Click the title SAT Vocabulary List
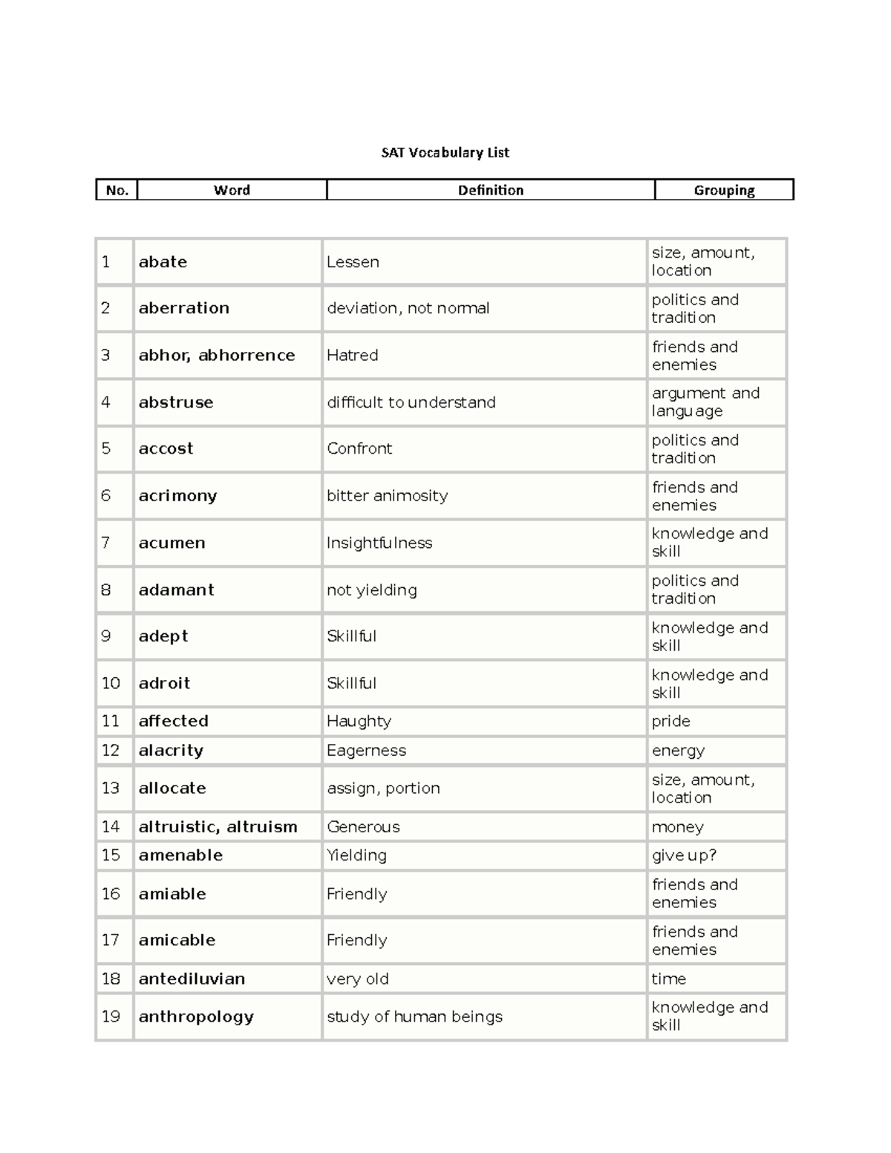tap(445, 153)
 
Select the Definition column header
tap(490, 190)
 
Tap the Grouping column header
tap(724, 190)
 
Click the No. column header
tap(117, 190)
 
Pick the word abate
tap(163, 262)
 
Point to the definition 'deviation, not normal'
tap(408, 308)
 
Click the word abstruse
tap(176, 402)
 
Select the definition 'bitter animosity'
tap(387, 496)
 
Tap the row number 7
tap(106, 543)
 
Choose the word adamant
tap(176, 590)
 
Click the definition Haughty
tap(359, 721)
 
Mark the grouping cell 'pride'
tap(670, 721)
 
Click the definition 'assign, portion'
tap(383, 788)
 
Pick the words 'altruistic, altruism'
tap(218, 827)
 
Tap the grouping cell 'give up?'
tap(684, 855)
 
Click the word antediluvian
tap(192, 979)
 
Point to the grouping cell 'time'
tap(668, 979)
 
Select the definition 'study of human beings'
tap(414, 1016)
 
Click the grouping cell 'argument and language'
tap(705, 402)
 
